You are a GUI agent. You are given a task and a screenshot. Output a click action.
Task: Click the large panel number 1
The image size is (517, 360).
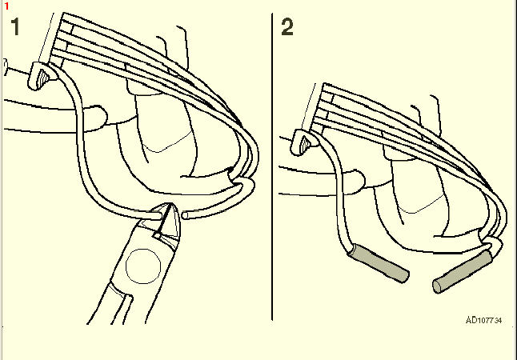pyautogui.click(x=15, y=26)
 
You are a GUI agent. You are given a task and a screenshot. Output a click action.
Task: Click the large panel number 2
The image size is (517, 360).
pyautogui.click(x=287, y=26)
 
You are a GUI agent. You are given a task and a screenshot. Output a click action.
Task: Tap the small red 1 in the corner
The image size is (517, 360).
pyautogui.click(x=6, y=6)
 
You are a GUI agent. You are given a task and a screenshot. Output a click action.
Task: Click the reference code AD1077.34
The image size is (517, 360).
pyautogui.click(x=483, y=320)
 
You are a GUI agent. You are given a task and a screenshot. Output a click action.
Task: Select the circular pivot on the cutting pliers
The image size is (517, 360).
pyautogui.click(x=143, y=266)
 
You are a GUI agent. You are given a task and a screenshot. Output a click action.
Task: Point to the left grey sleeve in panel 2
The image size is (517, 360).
pyautogui.click(x=379, y=263)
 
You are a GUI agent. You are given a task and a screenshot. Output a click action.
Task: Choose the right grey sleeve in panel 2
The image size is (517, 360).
pyautogui.click(x=463, y=271)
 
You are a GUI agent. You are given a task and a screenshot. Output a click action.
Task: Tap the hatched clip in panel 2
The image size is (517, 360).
pyautogui.click(x=307, y=142)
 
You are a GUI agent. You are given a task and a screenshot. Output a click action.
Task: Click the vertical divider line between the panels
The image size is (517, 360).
pyautogui.click(x=272, y=166)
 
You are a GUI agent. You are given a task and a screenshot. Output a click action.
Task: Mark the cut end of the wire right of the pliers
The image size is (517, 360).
pyautogui.click(x=185, y=216)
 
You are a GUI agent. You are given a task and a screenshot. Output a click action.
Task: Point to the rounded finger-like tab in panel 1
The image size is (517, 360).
pyautogui.click(x=95, y=118)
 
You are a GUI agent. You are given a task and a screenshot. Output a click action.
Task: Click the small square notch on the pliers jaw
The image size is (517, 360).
pyautogui.click(x=157, y=235)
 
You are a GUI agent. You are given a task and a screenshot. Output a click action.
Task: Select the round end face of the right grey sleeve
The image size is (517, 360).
pyautogui.click(x=437, y=286)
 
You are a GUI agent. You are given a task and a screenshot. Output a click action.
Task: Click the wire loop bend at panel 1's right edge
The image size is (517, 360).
pyautogui.click(x=253, y=158)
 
